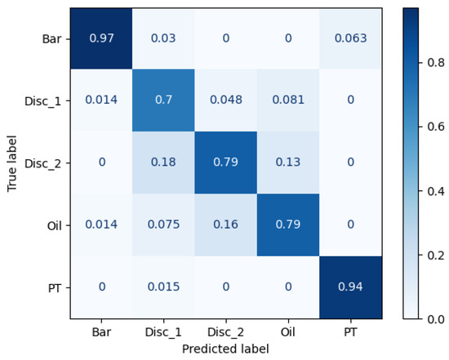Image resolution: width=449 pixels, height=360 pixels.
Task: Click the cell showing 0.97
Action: (101, 38)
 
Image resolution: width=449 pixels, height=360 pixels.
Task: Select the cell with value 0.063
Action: (350, 38)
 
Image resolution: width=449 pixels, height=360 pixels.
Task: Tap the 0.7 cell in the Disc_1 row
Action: (163, 100)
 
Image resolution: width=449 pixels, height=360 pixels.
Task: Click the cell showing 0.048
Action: (225, 100)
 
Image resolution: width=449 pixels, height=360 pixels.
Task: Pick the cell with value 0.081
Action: (288, 100)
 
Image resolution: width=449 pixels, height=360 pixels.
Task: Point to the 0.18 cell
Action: (163, 162)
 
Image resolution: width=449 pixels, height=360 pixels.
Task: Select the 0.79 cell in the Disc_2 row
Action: (225, 162)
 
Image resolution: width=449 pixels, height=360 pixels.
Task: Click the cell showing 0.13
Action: (288, 162)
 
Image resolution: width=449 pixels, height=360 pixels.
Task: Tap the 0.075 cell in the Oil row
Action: (163, 224)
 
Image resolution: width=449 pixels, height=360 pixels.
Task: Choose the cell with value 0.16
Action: (225, 224)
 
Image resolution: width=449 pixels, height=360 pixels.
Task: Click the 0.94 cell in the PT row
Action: (350, 287)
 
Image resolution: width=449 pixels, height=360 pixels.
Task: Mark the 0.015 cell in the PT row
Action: (163, 287)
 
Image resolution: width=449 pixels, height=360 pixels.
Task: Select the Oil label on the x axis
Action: (288, 332)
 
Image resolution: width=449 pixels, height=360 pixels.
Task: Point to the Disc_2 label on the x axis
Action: (225, 332)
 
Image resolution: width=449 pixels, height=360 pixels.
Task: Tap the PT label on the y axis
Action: (55, 287)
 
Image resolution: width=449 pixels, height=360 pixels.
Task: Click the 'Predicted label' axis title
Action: (225, 349)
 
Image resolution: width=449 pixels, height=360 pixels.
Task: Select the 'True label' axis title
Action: (12, 162)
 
